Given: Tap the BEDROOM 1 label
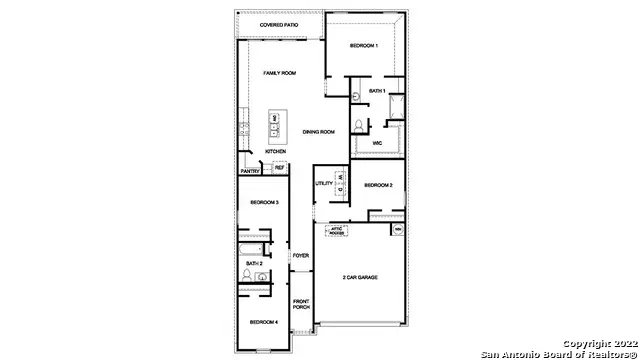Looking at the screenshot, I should pos(364,46).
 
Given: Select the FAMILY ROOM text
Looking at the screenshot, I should pos(279,73).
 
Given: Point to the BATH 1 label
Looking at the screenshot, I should pos(376,91).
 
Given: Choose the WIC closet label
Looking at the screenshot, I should pos(377,143).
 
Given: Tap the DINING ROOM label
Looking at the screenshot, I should pos(318,131).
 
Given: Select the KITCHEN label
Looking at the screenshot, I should pos(275,151).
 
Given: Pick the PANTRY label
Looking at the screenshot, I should pos(250,171).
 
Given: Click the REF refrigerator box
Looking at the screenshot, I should pos(279,167).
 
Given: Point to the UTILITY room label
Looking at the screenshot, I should pos(324,183).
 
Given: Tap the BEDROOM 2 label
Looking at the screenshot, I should pos(377,185).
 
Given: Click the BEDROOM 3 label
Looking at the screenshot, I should pos(263,202).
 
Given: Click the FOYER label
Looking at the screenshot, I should pos(300,256).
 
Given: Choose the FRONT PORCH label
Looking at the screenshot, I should pos(300,304).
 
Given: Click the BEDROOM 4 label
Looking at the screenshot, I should pos(263,321).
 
